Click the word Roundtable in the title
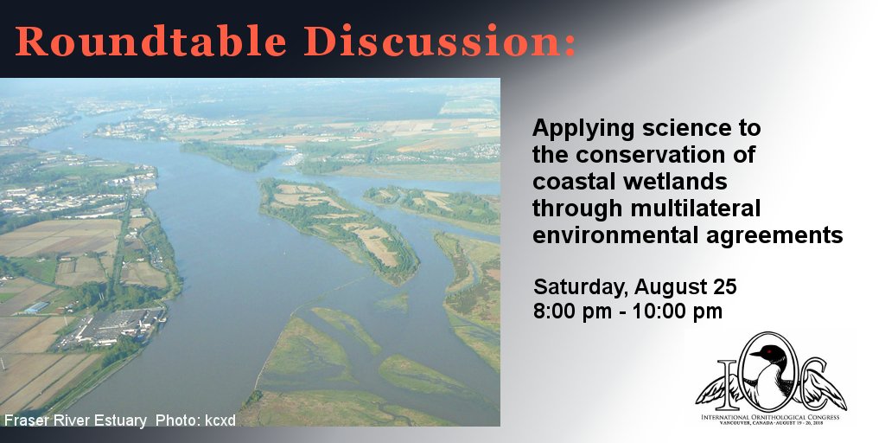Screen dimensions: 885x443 pos(151,41)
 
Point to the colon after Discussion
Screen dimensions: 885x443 pos(569,45)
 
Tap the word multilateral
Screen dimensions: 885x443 pos(696,209)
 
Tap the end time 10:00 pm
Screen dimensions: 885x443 pos(678,311)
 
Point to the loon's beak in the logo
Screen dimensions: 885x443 pos(756,358)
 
